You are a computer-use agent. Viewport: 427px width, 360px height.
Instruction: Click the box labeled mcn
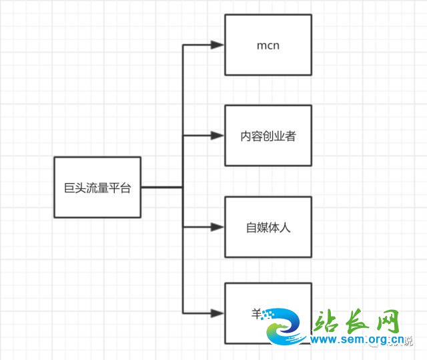[268, 45]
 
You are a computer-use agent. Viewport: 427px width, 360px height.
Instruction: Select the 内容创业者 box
[268, 136]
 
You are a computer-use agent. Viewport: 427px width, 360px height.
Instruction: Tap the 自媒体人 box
[268, 227]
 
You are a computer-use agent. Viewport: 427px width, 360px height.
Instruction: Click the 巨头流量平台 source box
[97, 188]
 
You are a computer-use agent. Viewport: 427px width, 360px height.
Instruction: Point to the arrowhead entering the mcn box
[218, 45]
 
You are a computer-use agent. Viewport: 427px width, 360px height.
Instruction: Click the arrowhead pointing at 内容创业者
[218, 136]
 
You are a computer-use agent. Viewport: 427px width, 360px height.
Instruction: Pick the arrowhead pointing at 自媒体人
[218, 227]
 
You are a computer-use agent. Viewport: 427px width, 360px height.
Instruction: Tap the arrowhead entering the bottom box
[218, 313]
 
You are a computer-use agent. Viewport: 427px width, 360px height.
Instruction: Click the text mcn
[268, 45]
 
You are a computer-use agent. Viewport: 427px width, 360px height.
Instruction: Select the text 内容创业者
[268, 136]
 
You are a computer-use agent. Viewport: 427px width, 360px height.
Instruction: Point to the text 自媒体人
[268, 228]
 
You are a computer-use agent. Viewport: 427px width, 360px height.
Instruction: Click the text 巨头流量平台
[97, 188]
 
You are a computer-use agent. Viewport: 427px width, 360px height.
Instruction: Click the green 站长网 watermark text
[358, 323]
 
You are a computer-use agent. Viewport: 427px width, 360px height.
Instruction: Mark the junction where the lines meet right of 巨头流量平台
[183, 188]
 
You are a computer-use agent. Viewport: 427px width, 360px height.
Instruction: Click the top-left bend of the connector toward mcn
[183, 45]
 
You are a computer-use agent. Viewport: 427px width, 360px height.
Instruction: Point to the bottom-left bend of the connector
[183, 313]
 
